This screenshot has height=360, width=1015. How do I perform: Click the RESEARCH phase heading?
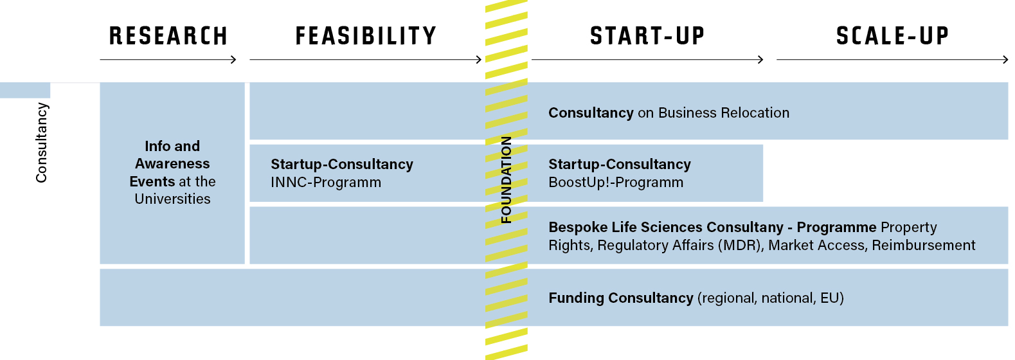(x=168, y=36)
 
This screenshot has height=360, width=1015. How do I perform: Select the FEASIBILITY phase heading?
(x=366, y=36)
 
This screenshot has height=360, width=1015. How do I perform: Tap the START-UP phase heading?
(x=647, y=36)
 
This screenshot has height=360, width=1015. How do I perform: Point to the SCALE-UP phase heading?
(x=892, y=36)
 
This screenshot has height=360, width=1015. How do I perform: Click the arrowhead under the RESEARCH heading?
(x=234, y=59)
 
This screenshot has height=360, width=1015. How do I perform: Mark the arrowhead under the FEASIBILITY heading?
(x=478, y=59)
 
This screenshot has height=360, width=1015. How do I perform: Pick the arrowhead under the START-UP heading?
(x=760, y=59)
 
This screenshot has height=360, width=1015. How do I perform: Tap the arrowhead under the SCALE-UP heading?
(x=1005, y=59)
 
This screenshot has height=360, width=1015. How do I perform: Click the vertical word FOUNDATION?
(x=506, y=179)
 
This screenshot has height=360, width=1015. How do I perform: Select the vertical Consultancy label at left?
(x=41, y=143)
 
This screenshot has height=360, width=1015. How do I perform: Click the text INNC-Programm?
(x=326, y=183)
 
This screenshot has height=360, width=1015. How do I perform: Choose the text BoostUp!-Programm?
(x=616, y=183)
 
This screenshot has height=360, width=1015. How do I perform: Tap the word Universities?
(x=172, y=199)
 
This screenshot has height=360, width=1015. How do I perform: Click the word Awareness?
(x=172, y=163)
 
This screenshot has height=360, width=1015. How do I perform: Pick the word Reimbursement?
(x=924, y=246)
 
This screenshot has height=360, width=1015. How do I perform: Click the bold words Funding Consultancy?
(x=621, y=298)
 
